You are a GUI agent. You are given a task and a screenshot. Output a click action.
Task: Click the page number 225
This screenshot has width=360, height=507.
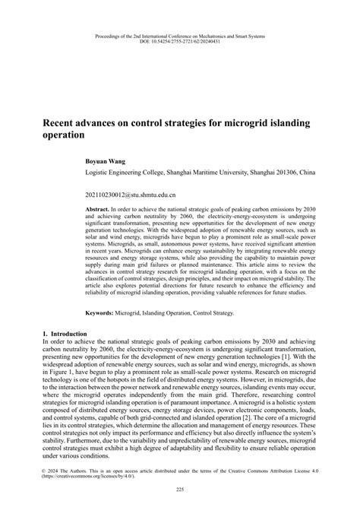(x=180, y=489)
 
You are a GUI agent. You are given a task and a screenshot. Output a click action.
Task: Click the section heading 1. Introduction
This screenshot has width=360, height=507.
(x=67, y=334)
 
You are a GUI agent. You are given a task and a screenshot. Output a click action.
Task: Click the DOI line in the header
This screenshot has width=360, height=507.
(x=179, y=42)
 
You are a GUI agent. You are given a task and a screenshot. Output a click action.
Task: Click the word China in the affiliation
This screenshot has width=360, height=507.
(x=305, y=173)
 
